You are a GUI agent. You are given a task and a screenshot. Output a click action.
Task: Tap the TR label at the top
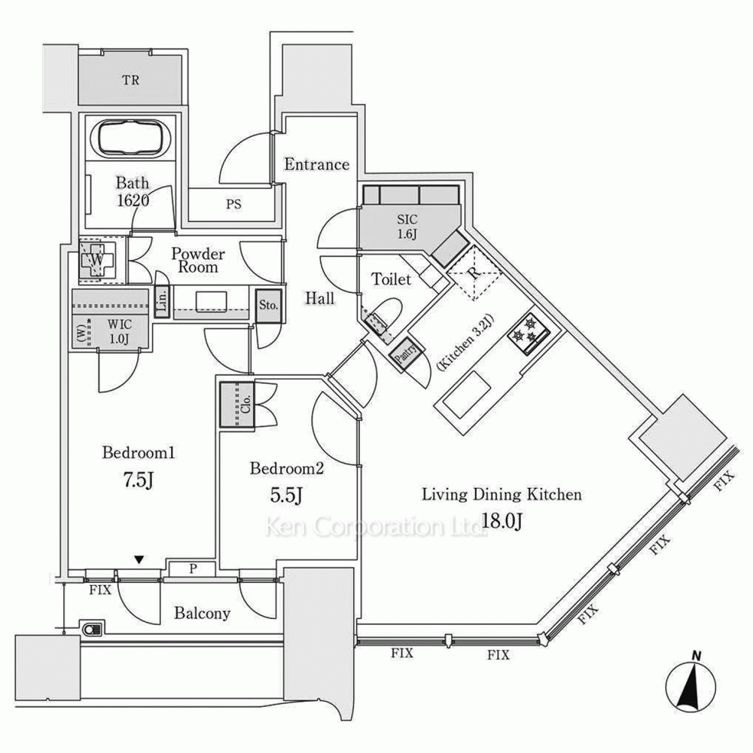[131, 80]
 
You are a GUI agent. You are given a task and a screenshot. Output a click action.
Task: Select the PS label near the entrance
[233, 203]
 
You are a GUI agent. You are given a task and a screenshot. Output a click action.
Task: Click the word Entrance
[316, 164]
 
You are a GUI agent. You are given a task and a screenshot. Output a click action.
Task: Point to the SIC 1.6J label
[407, 226]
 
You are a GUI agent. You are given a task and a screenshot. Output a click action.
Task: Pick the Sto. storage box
[269, 306]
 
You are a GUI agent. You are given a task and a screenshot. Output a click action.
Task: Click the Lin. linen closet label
[162, 303]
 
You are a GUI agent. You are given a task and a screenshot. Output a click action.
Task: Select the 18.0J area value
[500, 520]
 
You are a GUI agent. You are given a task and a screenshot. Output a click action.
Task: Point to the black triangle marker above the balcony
[138, 559]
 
